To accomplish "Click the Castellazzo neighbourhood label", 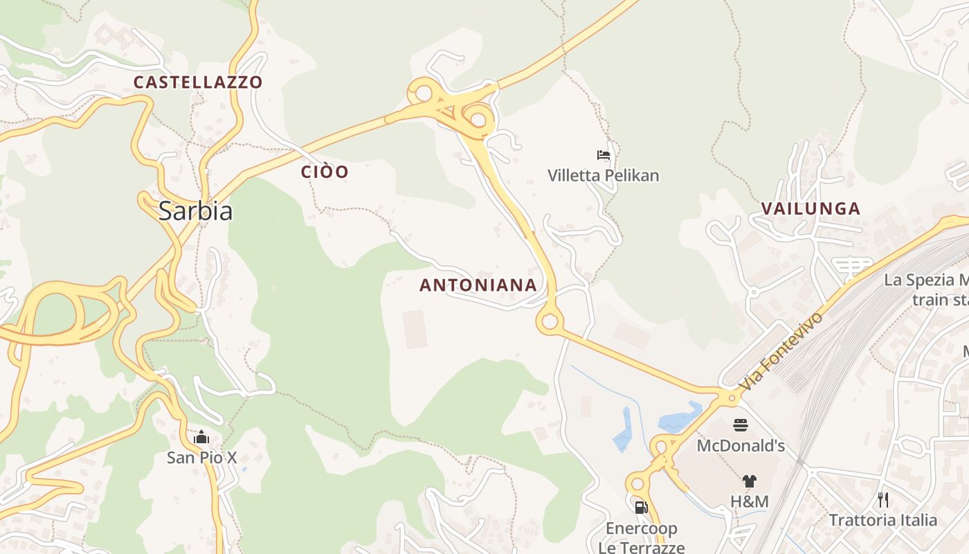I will (x=198, y=82).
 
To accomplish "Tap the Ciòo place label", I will (x=325, y=172).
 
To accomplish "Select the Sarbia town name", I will (x=195, y=211).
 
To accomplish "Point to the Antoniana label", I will (x=478, y=285).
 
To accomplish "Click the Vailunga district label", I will (x=810, y=208).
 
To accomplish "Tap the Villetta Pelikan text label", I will (x=603, y=176).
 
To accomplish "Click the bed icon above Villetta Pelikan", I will (x=604, y=155).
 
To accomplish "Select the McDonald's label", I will (x=741, y=445).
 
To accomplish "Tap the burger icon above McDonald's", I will (x=741, y=425).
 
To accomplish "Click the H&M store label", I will (x=750, y=501).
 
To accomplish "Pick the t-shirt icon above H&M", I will (x=750, y=481).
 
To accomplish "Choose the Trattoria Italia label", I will (x=882, y=520).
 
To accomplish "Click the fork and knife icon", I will (x=883, y=499).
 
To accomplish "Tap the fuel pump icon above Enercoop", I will (x=641, y=508).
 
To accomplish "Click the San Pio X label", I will (x=201, y=458).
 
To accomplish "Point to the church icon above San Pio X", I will (x=201, y=437).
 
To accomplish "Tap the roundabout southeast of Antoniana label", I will (x=550, y=321).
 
